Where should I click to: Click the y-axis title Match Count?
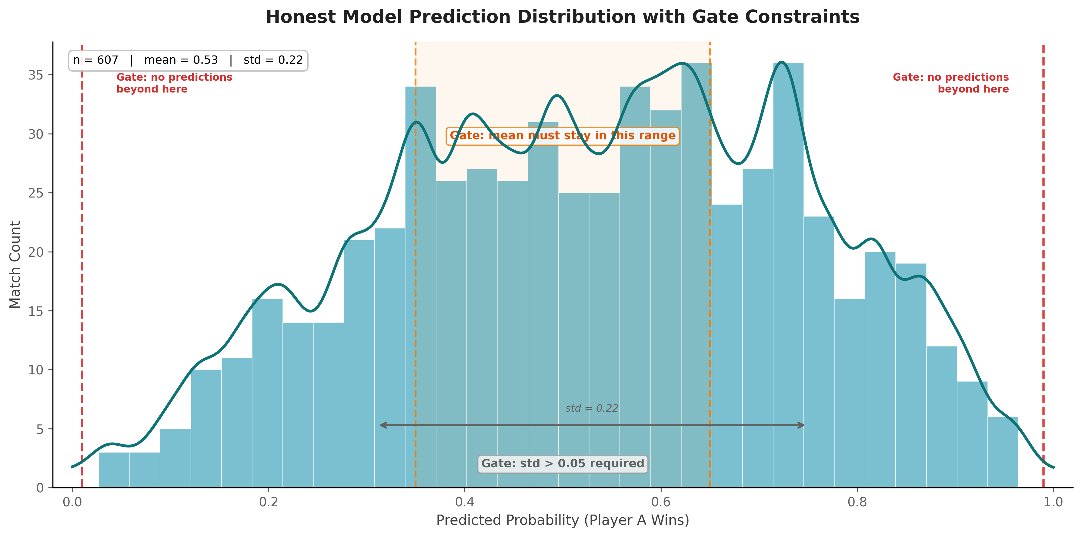pyautogui.click(x=15, y=265)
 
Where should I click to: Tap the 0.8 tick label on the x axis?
pyautogui.click(x=857, y=502)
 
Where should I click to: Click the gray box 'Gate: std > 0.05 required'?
pyautogui.click(x=563, y=463)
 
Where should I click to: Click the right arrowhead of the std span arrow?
pyautogui.click(x=802, y=425)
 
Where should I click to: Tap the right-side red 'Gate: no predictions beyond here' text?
pyautogui.click(x=950, y=83)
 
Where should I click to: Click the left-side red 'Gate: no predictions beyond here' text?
pyautogui.click(x=174, y=83)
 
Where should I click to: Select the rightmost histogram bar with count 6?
pyautogui.click(x=1003, y=452)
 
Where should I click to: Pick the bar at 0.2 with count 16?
pyautogui.click(x=267, y=393)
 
